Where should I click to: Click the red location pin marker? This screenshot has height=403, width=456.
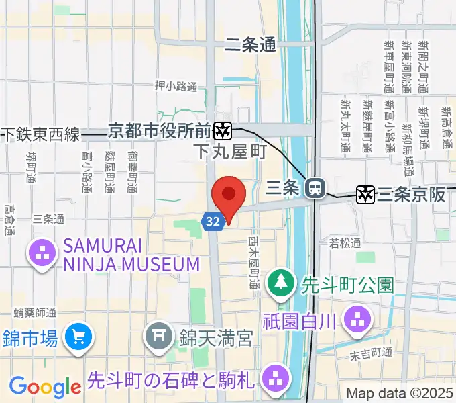(x=229, y=195)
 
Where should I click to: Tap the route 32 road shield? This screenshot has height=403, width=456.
(x=213, y=221)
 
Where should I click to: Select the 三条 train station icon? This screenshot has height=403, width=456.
(x=313, y=189)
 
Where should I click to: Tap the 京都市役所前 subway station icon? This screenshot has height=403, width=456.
(x=223, y=129)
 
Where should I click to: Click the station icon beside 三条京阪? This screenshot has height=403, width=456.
(x=365, y=194)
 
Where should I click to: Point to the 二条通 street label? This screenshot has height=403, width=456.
(x=251, y=45)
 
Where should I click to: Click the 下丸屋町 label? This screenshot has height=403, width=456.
(x=229, y=152)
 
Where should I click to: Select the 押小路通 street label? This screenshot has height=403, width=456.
(x=176, y=86)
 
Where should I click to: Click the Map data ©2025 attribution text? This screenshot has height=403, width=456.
(x=399, y=393)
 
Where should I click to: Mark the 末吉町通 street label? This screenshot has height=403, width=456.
(x=372, y=353)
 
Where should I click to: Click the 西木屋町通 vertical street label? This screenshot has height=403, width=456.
(x=253, y=263)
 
